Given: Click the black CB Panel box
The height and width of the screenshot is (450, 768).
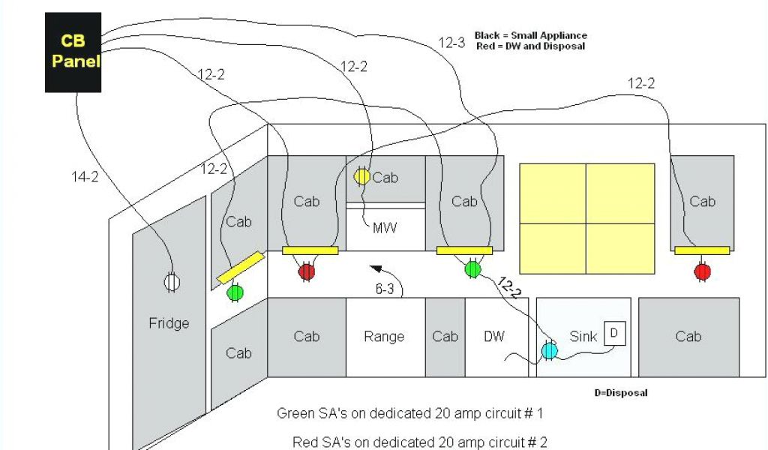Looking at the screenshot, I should [x=73, y=52].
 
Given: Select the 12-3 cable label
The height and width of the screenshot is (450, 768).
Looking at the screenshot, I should [x=451, y=43].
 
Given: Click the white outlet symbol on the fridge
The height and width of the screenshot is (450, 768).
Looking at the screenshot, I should [x=172, y=282].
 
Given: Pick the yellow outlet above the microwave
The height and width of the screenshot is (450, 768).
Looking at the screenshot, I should [x=361, y=176].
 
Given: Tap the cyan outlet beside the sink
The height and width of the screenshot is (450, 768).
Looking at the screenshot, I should [x=549, y=350].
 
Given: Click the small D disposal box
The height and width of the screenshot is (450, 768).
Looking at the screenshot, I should [x=614, y=332].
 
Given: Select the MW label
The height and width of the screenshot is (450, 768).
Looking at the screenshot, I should [x=384, y=226].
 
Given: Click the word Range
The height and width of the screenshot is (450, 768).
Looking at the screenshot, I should [x=384, y=337].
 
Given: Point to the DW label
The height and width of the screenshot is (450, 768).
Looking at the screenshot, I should [x=493, y=337].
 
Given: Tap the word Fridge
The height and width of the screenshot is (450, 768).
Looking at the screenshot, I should [x=169, y=323].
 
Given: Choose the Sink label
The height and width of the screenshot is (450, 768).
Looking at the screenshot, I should [x=583, y=337].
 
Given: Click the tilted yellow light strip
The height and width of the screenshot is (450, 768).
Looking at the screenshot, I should [x=241, y=268].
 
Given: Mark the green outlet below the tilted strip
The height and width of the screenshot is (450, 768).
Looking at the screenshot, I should [x=235, y=292].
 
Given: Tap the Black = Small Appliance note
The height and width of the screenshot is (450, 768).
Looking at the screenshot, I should [x=531, y=35].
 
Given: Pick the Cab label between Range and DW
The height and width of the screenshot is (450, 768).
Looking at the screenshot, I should [x=445, y=337].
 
